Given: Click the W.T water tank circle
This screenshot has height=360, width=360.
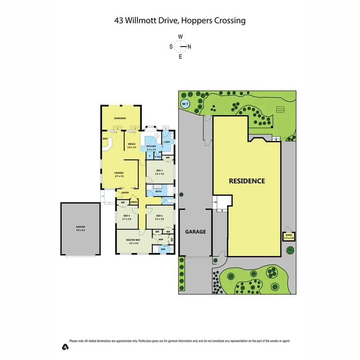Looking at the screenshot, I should (185, 104).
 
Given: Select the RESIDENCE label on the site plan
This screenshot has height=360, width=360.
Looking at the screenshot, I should (247, 181).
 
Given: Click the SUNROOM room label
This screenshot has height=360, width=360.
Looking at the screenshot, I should (120, 118).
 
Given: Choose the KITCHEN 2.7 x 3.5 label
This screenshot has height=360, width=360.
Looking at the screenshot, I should (151, 148).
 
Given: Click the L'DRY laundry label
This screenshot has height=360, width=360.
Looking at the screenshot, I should (167, 142).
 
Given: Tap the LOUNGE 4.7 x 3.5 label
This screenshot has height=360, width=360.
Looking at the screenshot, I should (119, 174).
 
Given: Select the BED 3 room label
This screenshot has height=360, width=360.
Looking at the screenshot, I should (159, 172).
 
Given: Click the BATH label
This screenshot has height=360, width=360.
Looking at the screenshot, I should (158, 191).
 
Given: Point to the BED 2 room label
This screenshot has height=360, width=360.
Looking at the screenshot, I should (159, 217).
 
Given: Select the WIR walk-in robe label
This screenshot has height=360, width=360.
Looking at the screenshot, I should (161, 239).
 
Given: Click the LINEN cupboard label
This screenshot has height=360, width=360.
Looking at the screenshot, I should (134, 202).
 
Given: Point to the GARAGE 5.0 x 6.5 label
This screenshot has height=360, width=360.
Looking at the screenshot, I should (80, 228).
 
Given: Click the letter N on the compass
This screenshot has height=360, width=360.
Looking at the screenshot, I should (189, 47).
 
